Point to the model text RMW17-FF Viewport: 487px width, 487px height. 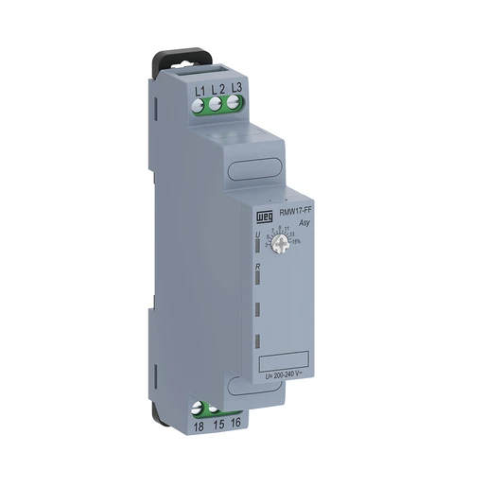click(291, 215)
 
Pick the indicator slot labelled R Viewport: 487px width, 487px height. click(258, 281)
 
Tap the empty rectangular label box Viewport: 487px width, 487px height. click(285, 361)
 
